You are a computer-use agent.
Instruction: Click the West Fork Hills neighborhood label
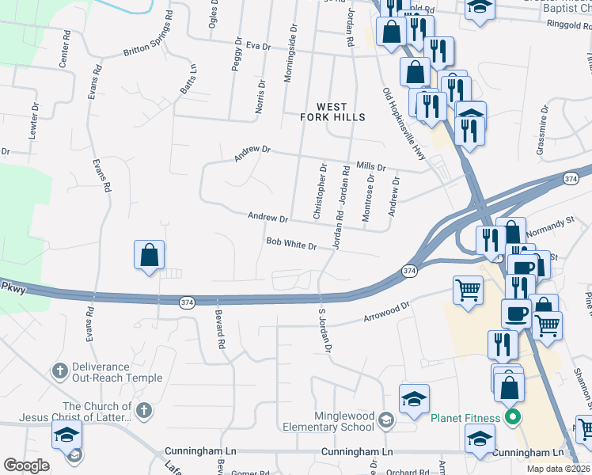click(332, 112)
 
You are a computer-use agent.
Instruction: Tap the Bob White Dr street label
click(291, 244)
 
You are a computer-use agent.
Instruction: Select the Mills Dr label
click(370, 166)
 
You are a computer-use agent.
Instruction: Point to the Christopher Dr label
click(320, 192)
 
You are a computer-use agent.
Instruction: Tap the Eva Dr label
click(258, 46)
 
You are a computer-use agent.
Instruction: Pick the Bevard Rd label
click(219, 330)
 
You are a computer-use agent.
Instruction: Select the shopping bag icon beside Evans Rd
click(149, 255)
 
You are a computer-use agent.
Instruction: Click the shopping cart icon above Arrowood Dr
click(468, 289)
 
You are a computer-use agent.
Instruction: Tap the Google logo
click(26, 465)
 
